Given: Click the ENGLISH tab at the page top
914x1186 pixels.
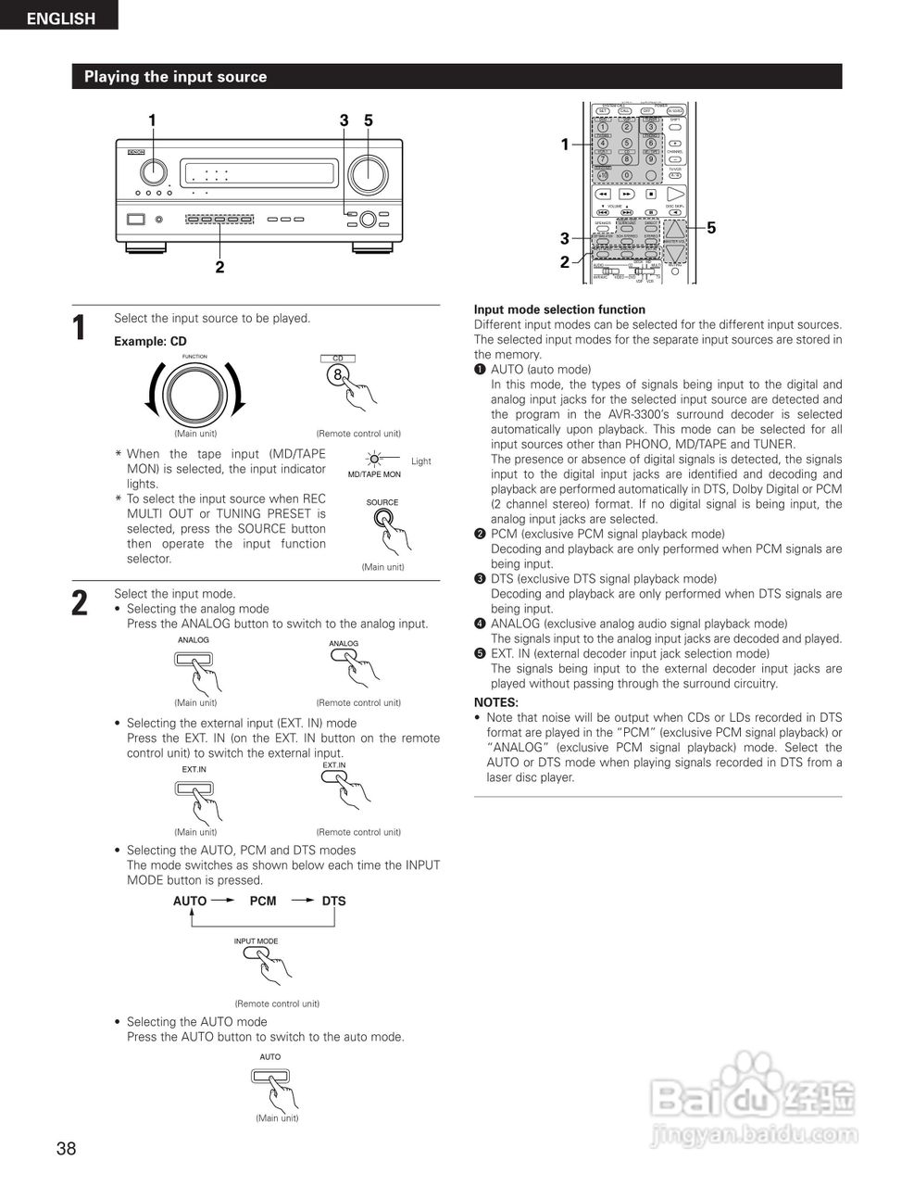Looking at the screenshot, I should coord(59,17).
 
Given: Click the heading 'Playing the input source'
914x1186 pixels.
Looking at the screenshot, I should coord(175,77).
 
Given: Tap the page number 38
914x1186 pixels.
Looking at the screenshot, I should coord(66,1149).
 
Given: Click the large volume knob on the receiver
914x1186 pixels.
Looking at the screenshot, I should coord(367,173).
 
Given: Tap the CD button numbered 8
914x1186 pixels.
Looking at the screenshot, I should coord(339,375).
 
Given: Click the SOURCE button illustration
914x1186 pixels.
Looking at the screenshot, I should coord(382,520).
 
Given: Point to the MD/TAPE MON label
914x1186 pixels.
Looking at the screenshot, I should coord(374,474).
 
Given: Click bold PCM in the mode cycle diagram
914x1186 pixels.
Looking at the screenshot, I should coord(263,901).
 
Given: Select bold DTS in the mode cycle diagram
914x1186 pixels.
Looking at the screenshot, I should coord(333,901).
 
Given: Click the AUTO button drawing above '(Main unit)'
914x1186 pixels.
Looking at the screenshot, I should coord(269,1077).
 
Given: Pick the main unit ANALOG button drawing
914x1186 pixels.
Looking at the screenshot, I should coord(194,660).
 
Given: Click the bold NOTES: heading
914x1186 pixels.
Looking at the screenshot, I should coord(495,702).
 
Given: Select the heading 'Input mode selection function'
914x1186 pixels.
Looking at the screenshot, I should coord(559,309).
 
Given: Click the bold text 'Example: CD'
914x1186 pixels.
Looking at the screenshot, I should coord(150,341).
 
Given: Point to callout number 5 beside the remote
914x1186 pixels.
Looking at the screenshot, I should coord(711,228).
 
